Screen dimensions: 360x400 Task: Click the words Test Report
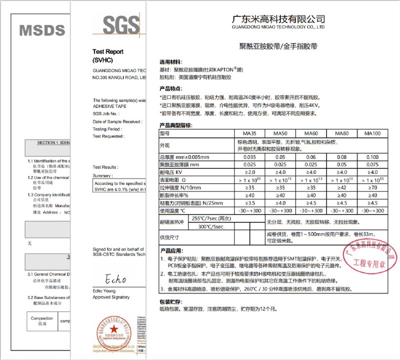(108, 51)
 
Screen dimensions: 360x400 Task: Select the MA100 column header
(372, 133)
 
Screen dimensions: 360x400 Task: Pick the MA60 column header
(310, 133)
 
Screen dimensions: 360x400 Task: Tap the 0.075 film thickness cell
(372, 164)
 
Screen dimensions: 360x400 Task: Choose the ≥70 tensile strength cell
(372, 187)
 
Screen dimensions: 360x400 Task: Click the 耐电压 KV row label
(170, 172)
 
